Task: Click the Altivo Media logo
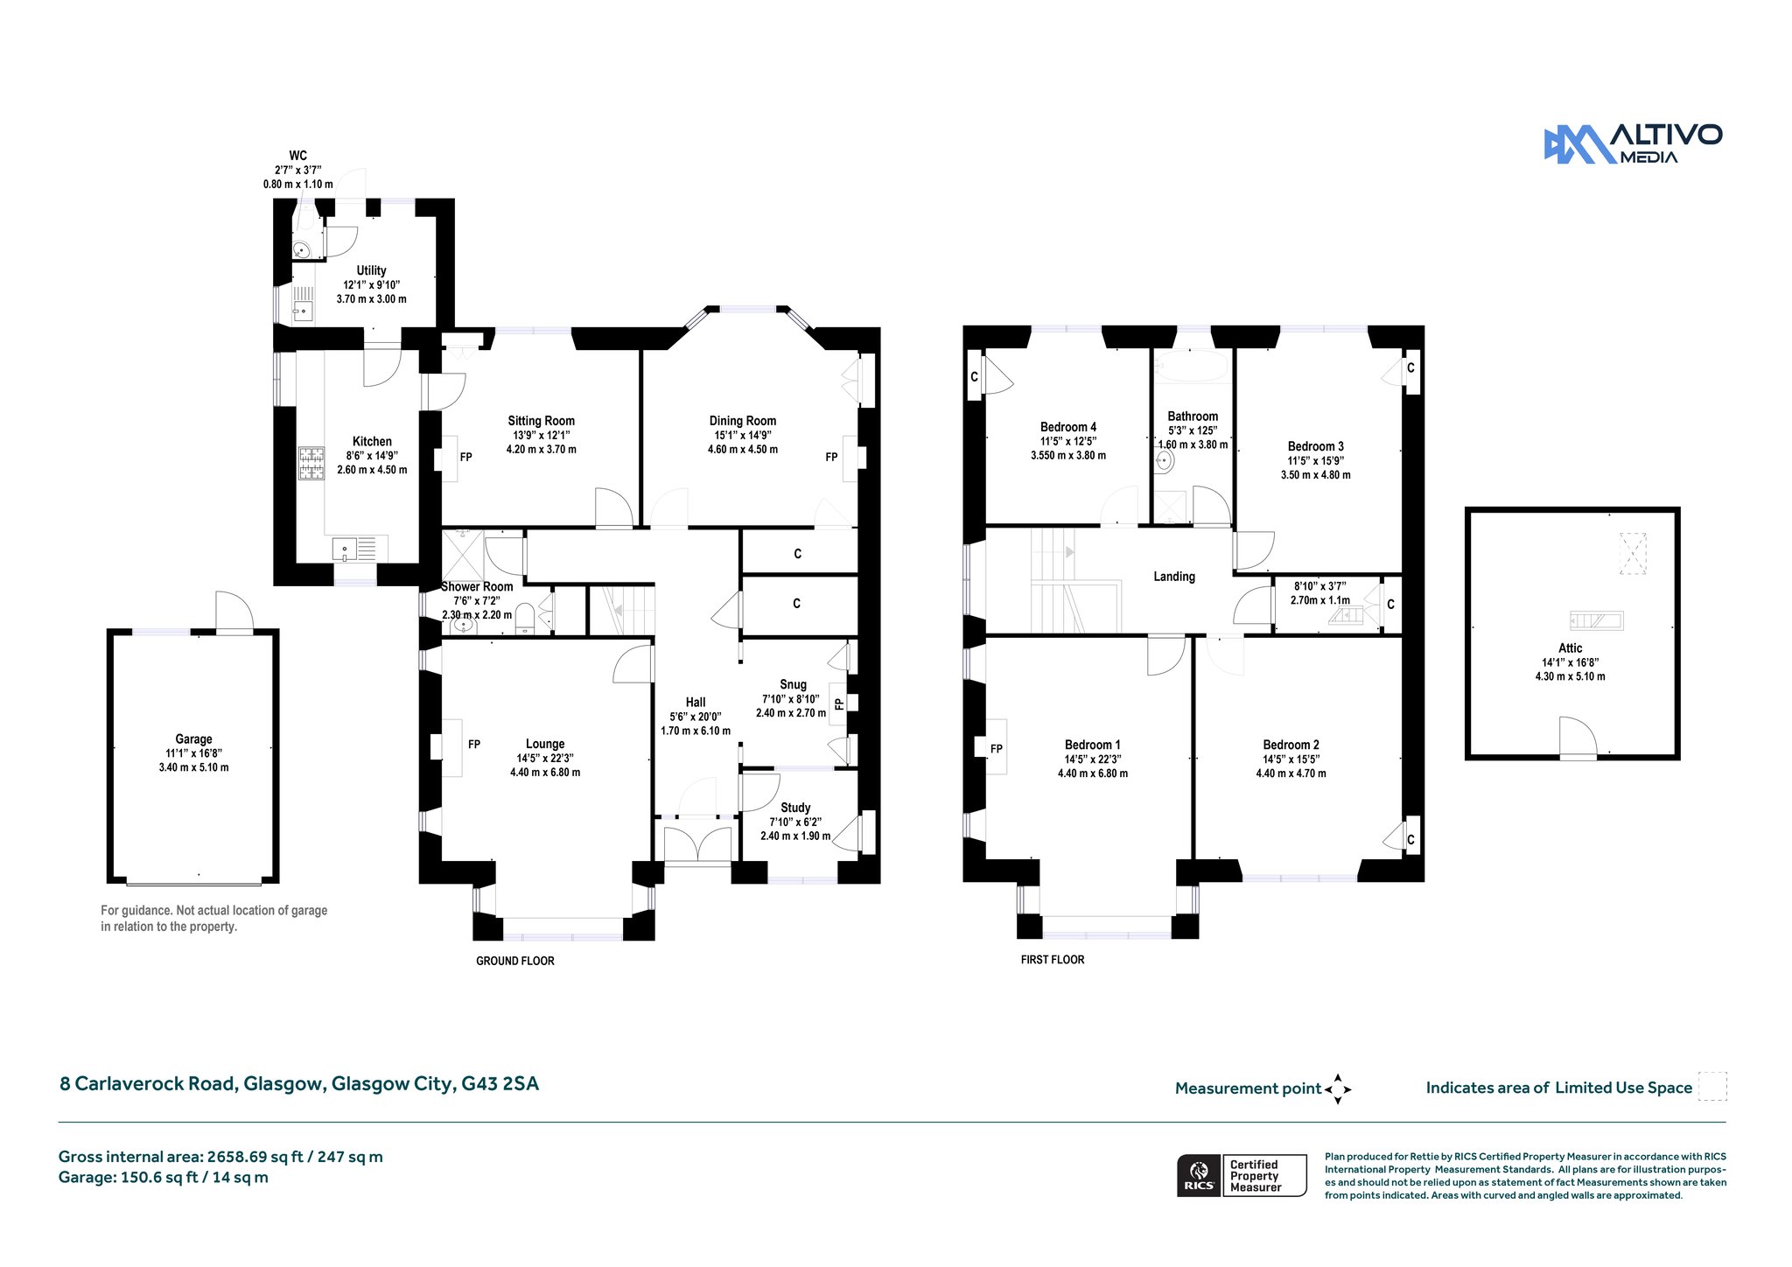click(x=1633, y=143)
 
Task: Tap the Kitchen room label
click(x=372, y=442)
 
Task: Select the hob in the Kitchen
click(x=311, y=464)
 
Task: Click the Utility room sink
click(x=303, y=310)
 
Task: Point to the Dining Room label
click(x=743, y=421)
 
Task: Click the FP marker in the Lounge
click(x=474, y=745)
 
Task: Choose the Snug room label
click(x=793, y=684)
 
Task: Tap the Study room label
click(x=795, y=808)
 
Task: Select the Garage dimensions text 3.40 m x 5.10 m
click(x=193, y=767)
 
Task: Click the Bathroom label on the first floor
click(x=1193, y=416)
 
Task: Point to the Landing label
click(x=1174, y=577)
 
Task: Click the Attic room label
click(x=1571, y=648)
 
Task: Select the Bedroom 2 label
click(x=1291, y=745)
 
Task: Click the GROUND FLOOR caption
click(x=515, y=961)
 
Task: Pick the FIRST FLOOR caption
click(x=1053, y=960)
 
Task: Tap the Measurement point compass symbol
click(x=1338, y=1089)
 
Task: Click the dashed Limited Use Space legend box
click(x=1712, y=1087)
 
